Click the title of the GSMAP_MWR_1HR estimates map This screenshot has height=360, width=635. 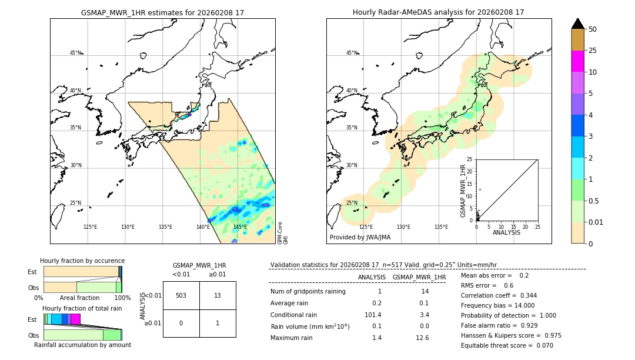point(162,12)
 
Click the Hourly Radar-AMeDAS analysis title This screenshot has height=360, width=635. point(439,12)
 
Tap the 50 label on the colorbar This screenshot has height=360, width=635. point(593,29)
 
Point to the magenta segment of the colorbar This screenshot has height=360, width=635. point(577,62)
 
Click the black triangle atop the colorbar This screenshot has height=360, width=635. point(577,24)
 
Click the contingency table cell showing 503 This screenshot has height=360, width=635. point(181,295)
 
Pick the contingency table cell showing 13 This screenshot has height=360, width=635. point(218,295)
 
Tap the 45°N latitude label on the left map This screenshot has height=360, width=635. point(76,53)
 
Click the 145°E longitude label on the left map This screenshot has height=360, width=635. point(240,227)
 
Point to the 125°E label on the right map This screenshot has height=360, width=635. point(366,227)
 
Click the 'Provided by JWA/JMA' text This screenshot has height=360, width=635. point(360,238)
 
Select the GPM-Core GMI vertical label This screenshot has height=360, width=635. point(283,233)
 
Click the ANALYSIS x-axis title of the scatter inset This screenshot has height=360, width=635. point(507,232)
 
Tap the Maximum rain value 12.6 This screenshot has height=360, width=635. point(422,338)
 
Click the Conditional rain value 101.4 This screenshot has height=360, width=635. point(372,315)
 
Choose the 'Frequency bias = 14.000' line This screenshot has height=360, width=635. point(497,305)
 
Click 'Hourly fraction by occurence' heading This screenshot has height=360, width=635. point(82,261)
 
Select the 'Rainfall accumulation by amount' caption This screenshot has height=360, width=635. point(82,345)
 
